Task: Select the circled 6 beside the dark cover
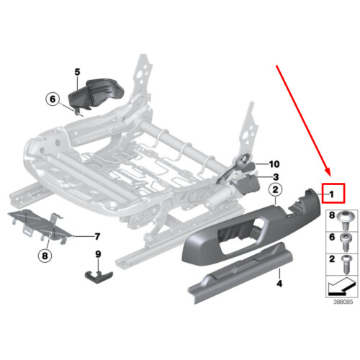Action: click(51, 101)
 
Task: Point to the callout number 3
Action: click(275, 176)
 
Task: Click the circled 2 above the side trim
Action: click(274, 190)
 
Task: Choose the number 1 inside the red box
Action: click(332, 194)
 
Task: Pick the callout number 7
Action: click(96, 236)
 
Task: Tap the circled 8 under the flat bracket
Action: click(44, 253)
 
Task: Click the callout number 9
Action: click(99, 253)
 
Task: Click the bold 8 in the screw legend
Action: click(332, 215)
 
